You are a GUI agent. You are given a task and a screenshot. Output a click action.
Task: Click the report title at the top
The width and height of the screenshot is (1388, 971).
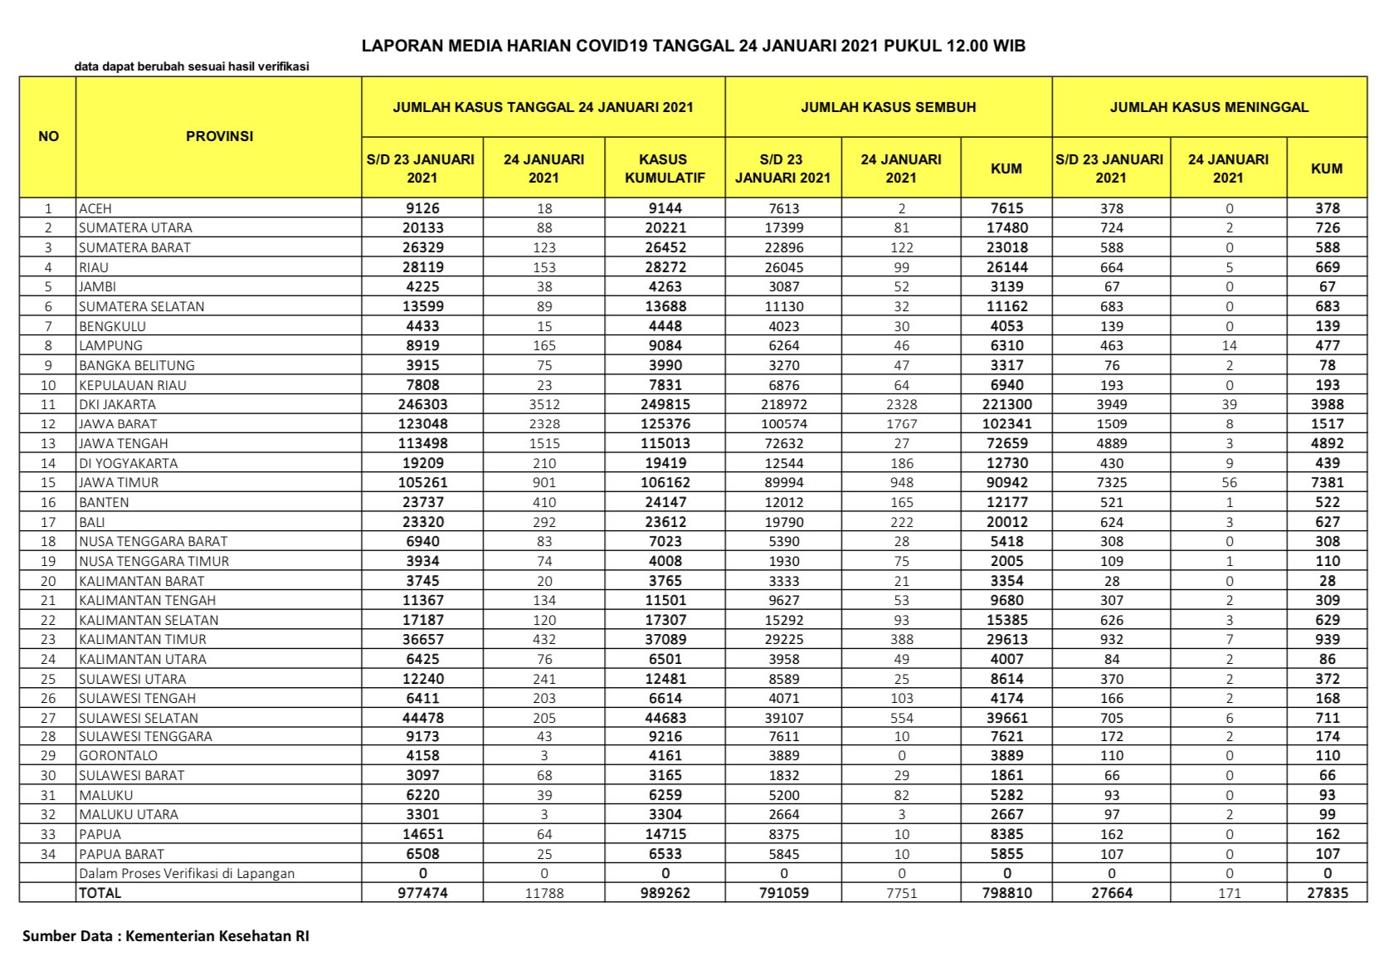pyautogui.click(x=693, y=46)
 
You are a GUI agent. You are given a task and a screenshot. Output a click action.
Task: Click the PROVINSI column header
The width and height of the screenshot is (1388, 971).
pyautogui.click(x=219, y=136)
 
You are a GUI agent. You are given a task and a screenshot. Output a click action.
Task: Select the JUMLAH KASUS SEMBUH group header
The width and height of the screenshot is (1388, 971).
pyautogui.click(x=888, y=107)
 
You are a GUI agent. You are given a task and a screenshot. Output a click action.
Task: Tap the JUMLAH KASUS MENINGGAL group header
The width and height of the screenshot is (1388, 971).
pyautogui.click(x=1209, y=107)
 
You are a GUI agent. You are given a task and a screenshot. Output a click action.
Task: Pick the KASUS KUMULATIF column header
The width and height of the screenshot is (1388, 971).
pyautogui.click(x=665, y=168)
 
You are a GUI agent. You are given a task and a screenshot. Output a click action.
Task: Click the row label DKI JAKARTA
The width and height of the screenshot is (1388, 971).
pyautogui.click(x=117, y=404)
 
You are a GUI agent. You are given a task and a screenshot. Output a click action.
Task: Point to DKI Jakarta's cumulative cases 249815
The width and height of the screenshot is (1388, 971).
pyautogui.click(x=665, y=404)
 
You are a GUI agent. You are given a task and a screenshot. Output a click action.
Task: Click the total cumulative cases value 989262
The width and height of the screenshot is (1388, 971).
pyautogui.click(x=665, y=893)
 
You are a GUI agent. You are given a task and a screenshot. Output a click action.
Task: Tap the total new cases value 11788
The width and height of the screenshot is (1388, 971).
pyautogui.click(x=543, y=893)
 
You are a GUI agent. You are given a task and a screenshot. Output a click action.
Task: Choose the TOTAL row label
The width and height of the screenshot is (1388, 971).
pyautogui.click(x=100, y=893)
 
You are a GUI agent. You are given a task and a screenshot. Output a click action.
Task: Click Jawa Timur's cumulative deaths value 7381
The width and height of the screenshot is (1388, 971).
pyautogui.click(x=1327, y=482)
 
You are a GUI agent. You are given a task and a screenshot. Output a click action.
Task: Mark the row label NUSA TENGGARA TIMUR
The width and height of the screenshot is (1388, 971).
pyautogui.click(x=153, y=561)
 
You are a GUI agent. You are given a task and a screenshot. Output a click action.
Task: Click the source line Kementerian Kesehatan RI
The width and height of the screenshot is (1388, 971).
pyautogui.click(x=165, y=936)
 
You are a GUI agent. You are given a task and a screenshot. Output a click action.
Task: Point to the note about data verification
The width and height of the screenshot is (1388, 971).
pyautogui.click(x=192, y=66)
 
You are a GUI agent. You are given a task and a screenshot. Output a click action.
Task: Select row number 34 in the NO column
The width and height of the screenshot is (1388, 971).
pyautogui.click(x=48, y=854)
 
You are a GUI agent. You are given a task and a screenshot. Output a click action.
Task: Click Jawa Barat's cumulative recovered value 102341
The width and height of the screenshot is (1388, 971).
pyautogui.click(x=1006, y=423)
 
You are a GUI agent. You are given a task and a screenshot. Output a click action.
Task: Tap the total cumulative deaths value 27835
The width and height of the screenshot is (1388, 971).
pyautogui.click(x=1327, y=893)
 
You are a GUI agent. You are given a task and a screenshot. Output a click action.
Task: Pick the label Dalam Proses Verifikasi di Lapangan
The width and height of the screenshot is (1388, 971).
pyautogui.click(x=187, y=873)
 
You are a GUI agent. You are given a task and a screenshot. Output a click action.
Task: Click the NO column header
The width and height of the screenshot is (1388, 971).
pyautogui.click(x=48, y=136)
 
